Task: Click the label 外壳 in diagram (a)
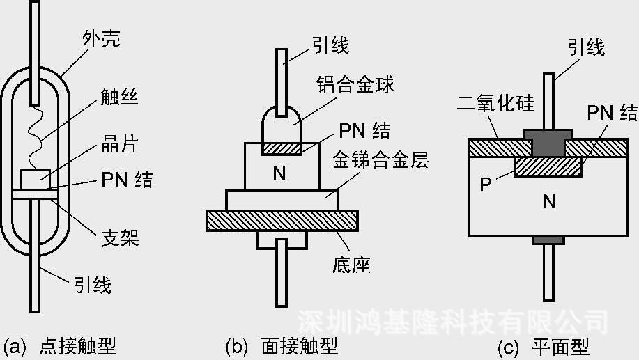[x=101, y=39]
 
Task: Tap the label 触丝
[x=119, y=97]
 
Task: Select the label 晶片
[x=120, y=143]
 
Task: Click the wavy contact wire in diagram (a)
[x=36, y=136]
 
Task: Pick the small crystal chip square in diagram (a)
[x=36, y=180]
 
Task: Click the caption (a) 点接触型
[x=60, y=347]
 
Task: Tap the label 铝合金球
[x=355, y=85]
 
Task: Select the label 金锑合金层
[x=380, y=159]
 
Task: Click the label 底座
[x=351, y=265]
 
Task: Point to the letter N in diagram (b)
[x=279, y=173]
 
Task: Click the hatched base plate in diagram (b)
[x=282, y=221]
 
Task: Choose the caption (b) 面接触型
[x=282, y=347]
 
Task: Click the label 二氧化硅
[x=495, y=104]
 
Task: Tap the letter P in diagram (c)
[x=486, y=185]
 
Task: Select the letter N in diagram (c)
[x=549, y=201]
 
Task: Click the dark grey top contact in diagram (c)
[x=548, y=143]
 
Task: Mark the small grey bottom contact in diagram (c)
[x=548, y=240]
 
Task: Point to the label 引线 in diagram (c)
[x=586, y=47]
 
